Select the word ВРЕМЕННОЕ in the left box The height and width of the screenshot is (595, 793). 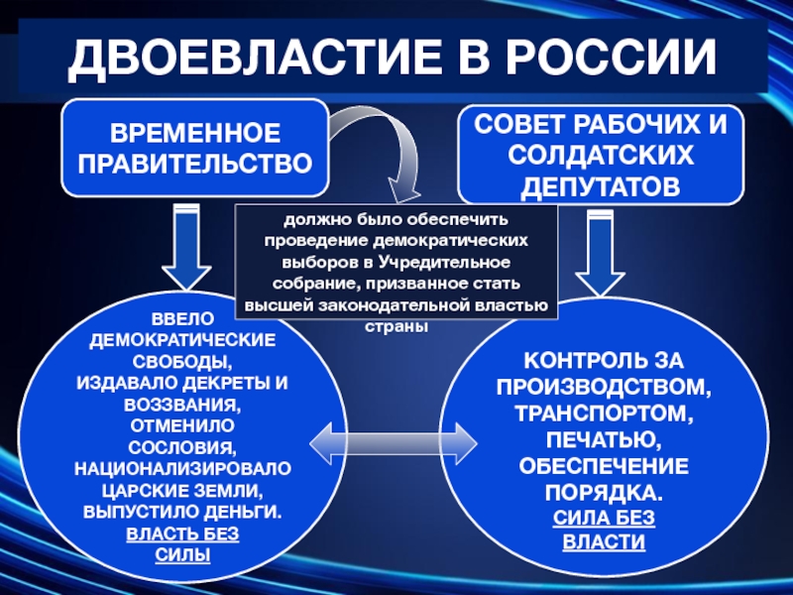195,133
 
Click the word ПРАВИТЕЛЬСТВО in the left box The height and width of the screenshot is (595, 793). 195,164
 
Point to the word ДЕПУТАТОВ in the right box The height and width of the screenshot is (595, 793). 601,186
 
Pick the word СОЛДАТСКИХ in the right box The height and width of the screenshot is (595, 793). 601,155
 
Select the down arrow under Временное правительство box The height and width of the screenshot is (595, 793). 186,247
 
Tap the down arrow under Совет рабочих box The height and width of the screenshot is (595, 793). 601,253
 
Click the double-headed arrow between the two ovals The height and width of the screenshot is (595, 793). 394,443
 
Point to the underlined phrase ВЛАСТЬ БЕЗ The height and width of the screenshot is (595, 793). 182,534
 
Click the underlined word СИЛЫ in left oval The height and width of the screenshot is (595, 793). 182,555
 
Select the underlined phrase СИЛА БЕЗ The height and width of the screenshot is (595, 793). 604,518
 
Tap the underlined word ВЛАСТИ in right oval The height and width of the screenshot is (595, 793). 604,541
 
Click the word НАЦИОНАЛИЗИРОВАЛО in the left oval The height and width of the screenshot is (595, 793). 182,468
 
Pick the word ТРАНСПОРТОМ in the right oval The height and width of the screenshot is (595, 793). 604,414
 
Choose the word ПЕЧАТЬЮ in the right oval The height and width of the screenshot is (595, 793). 604,439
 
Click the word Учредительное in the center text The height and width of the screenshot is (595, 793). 444,263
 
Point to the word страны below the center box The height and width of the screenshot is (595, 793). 396,327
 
